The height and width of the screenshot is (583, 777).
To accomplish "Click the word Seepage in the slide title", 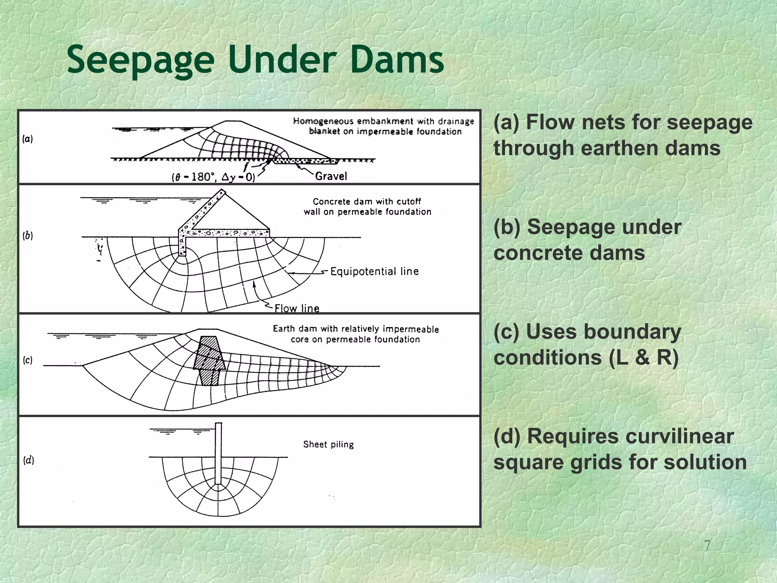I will pyautogui.click(x=140, y=60).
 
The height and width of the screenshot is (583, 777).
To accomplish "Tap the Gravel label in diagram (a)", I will pyautogui.click(x=331, y=176).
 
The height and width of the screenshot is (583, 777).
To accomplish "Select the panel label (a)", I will pyautogui.click(x=27, y=139).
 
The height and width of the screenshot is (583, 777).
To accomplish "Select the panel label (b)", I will pyautogui.click(x=28, y=236).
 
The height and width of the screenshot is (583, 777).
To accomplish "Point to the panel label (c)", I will pyautogui.click(x=28, y=360).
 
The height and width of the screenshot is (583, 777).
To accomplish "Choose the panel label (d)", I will pyautogui.click(x=28, y=460).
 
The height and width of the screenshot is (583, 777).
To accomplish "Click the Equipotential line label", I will pyautogui.click(x=374, y=271).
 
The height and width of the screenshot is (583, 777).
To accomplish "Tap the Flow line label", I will pyautogui.click(x=297, y=308).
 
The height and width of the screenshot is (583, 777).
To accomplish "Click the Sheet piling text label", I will pyautogui.click(x=328, y=444).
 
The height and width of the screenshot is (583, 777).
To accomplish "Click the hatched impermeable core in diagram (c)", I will pyautogui.click(x=209, y=361).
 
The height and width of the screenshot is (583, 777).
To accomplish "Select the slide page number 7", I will pyautogui.click(x=707, y=545).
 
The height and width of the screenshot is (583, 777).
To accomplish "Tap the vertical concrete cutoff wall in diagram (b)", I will pyautogui.click(x=182, y=243).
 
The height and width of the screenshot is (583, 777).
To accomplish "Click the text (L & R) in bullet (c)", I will pyautogui.click(x=643, y=358).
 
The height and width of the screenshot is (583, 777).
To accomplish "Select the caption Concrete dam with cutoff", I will pyautogui.click(x=366, y=202).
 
